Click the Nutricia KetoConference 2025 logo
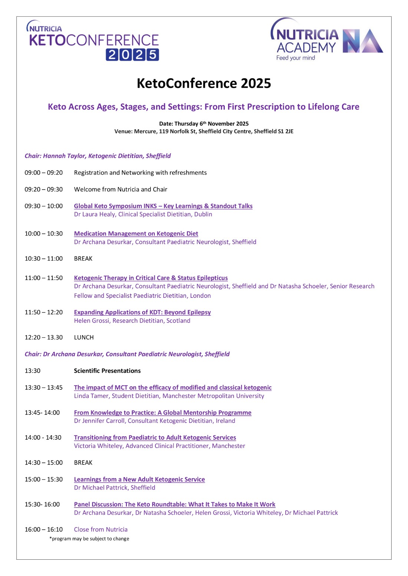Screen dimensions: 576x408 pyautogui.click(x=94, y=41)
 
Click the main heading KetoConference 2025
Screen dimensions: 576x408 pyautogui.click(x=204, y=83)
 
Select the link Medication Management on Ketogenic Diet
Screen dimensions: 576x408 pyautogui.click(x=136, y=234)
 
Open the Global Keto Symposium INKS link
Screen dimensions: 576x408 pyautogui.click(x=163, y=206)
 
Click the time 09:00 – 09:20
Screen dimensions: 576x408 pyautogui.click(x=44, y=173)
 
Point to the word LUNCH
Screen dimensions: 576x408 pyautogui.click(x=84, y=337)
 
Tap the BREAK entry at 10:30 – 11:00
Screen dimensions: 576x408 pyautogui.click(x=83, y=259)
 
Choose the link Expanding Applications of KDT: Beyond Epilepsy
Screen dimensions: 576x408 pyautogui.click(x=142, y=312)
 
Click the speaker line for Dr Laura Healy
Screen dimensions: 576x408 pyautogui.click(x=143, y=214)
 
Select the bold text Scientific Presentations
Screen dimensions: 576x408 pyautogui.click(x=107, y=371)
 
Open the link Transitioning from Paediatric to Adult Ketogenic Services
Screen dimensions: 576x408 pyautogui.click(x=155, y=437)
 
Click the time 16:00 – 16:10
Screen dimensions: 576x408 pyautogui.click(x=44, y=530)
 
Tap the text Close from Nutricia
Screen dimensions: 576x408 pyautogui.click(x=101, y=530)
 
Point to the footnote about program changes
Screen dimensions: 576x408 pyautogui.click(x=89, y=539)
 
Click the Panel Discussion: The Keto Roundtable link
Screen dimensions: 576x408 pyautogui.click(x=174, y=505)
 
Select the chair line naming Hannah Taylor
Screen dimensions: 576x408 pyautogui.click(x=98, y=156)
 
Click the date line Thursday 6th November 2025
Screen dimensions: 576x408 pyautogui.click(x=204, y=124)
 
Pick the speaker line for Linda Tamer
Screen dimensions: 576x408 pyautogui.click(x=169, y=396)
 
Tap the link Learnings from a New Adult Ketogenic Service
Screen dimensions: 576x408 pyautogui.click(x=139, y=479)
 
